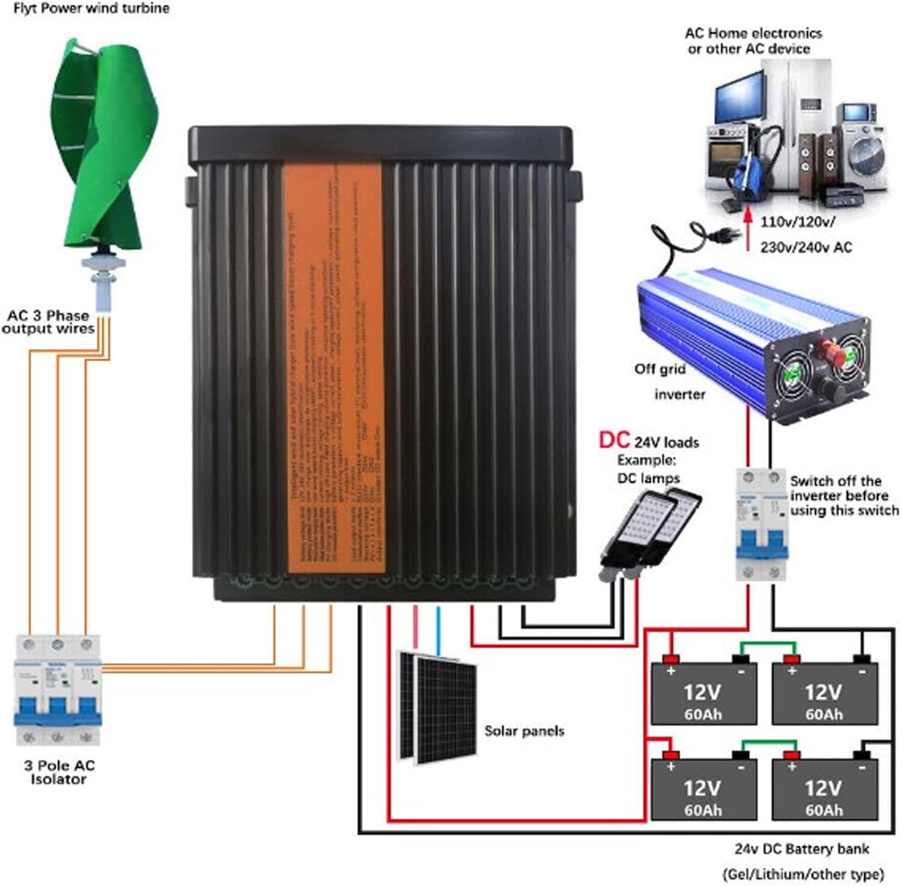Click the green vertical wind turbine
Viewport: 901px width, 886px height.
tap(102, 146)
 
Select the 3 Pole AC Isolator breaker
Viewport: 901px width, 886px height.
tap(57, 690)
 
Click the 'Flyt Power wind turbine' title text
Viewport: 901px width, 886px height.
tap(91, 9)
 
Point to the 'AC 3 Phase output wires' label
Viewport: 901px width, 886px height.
tap(48, 322)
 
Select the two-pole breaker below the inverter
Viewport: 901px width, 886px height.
tap(762, 524)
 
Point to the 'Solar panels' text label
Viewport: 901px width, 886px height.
tap(524, 731)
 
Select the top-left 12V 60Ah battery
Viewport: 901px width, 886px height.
tap(703, 694)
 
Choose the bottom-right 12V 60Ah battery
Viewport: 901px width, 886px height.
tap(824, 789)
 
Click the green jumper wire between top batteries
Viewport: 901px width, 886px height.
tap(764, 644)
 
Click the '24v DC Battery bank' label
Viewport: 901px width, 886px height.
tap(801, 848)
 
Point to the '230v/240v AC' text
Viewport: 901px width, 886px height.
tap(805, 248)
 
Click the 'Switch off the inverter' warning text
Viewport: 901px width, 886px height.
tap(844, 495)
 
